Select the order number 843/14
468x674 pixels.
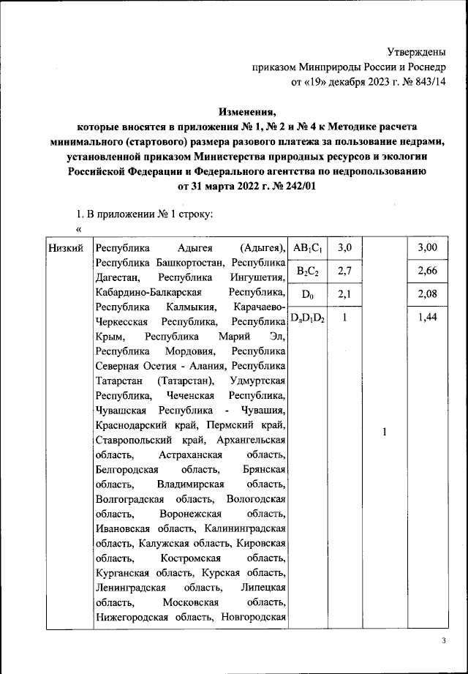tap(405, 83)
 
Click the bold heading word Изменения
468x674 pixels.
tap(249, 112)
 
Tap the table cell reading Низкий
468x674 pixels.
tap(66, 248)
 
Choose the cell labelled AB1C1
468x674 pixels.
tap(308, 248)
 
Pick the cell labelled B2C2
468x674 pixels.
tap(308, 272)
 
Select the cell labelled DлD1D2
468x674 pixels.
tap(308, 318)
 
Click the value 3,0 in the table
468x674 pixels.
tap(345, 248)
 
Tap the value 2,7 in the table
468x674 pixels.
tap(345, 272)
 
